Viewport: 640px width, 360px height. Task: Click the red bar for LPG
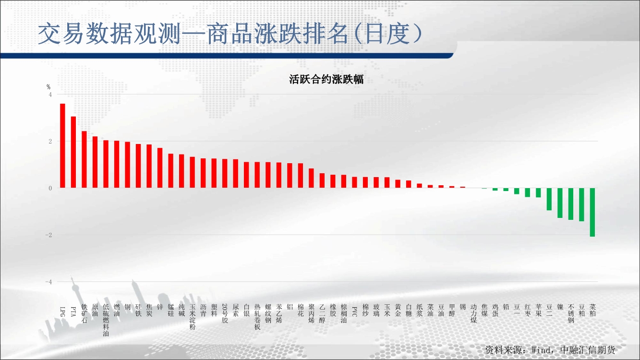[x=62, y=146]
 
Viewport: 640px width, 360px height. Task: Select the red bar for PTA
[x=73, y=152]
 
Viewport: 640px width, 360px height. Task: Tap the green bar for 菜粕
[x=592, y=212]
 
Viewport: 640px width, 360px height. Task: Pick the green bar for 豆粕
[x=581, y=204]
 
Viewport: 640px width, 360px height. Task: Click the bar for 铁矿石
[x=85, y=159]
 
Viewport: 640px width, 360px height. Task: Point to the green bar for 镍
[x=560, y=203]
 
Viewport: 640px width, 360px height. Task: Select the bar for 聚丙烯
[x=312, y=178]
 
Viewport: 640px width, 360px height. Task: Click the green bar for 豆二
[x=549, y=199]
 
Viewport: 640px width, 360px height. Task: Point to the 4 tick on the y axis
[x=50, y=95]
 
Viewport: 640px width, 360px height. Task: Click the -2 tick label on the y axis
[x=49, y=235]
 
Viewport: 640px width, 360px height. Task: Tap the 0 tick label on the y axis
[x=50, y=188]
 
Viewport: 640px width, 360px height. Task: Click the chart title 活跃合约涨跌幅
[x=326, y=79]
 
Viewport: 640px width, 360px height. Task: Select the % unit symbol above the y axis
[x=48, y=87]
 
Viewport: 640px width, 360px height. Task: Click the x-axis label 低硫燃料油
[x=106, y=320]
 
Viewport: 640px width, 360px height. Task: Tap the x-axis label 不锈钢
[x=571, y=313]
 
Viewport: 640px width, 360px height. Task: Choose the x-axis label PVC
[x=355, y=312]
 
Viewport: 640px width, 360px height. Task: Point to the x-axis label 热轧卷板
[x=257, y=317]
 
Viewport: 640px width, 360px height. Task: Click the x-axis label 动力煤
[x=474, y=313]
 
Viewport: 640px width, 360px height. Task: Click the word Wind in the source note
[x=541, y=350]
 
